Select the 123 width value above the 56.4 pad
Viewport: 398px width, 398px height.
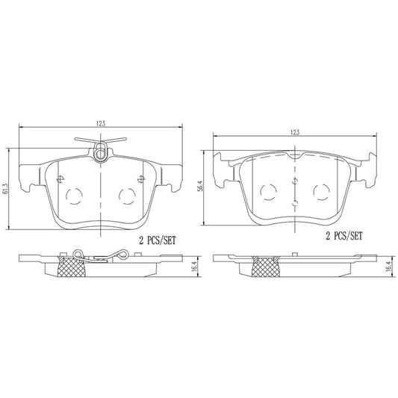[x=295, y=131]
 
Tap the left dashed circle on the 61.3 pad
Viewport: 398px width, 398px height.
[x=75, y=197]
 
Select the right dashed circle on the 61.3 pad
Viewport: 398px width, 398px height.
[x=128, y=197]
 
